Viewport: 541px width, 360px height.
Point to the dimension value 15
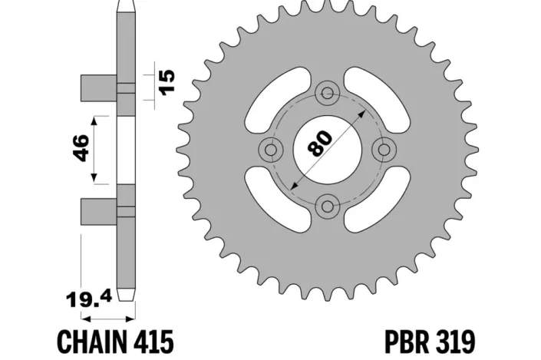(167, 80)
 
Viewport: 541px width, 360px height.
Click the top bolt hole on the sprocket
(329, 94)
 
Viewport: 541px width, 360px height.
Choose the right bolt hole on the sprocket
(385, 149)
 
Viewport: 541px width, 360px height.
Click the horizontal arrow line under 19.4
(107, 317)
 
